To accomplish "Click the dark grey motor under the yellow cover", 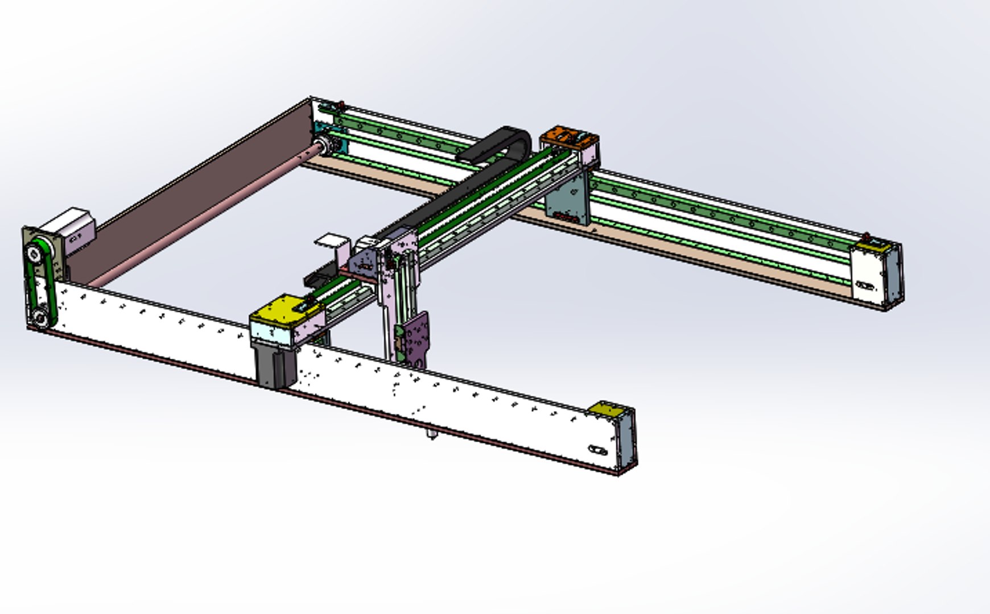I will (275, 364).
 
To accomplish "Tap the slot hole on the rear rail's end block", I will (864, 285).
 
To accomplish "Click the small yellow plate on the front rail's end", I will (607, 409).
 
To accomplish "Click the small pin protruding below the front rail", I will (432, 435).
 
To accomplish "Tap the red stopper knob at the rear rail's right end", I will (866, 235).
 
